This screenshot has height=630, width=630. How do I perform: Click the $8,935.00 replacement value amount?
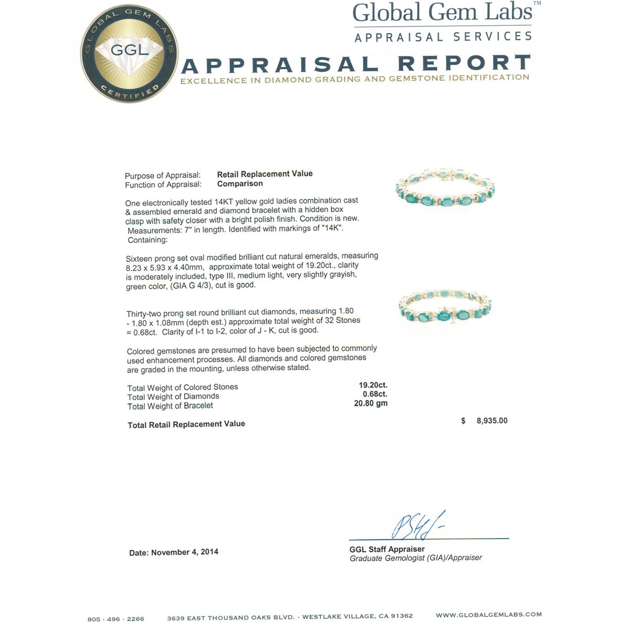tap(491, 421)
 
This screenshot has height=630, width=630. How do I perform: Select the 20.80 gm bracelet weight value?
tap(371, 403)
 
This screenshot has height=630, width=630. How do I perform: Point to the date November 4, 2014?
tap(174, 552)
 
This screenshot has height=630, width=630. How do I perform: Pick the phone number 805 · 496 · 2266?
tap(115, 618)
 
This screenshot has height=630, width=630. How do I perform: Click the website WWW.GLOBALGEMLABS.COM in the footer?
tap(488, 615)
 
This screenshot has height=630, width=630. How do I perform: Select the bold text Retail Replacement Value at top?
tap(265, 174)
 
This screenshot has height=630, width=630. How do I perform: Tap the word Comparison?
tap(240, 184)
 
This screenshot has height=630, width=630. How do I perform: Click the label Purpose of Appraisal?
tap(163, 175)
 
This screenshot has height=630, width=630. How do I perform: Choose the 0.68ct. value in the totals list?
tap(375, 394)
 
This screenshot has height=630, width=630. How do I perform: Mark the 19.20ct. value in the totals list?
tap(373, 385)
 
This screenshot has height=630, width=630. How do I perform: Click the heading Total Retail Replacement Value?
tap(186, 424)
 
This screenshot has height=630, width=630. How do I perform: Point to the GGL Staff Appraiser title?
tap(387, 549)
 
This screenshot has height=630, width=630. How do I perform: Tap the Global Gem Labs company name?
tap(442, 13)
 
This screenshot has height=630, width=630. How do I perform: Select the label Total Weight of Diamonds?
tap(173, 397)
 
